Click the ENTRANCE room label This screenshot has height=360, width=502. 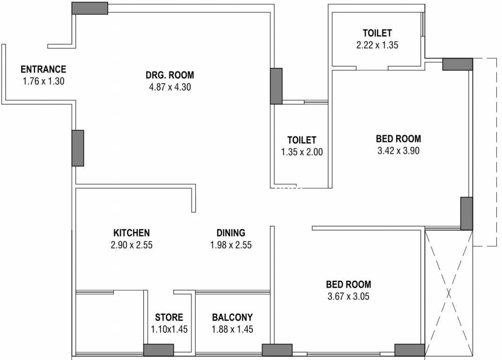click(43, 69)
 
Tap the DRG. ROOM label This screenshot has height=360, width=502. click(170, 75)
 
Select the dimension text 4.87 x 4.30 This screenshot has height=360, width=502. click(170, 87)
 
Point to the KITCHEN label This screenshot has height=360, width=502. click(132, 232)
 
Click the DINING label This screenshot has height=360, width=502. click(231, 232)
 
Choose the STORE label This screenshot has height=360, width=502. click(169, 317)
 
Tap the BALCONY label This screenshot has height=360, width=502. click(232, 317)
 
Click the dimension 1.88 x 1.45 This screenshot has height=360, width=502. click(232, 329)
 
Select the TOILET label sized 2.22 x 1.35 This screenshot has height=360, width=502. click(377, 33)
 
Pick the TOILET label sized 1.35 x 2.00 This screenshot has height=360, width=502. click(302, 140)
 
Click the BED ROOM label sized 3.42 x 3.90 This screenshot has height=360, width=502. click(398, 139)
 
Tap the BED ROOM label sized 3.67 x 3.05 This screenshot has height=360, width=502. click(348, 285)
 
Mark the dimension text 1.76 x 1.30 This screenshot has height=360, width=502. click(44, 81)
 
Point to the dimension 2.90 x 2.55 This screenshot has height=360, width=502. click(132, 245)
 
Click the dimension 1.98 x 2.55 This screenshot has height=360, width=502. click(231, 245)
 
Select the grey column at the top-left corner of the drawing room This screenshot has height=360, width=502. click(89, 8)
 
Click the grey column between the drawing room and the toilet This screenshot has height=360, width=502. click(276, 86)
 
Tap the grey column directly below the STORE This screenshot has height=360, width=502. click(158, 350)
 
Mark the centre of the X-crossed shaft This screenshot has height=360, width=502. click(449, 293)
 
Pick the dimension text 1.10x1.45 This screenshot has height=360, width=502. click(169, 329)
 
